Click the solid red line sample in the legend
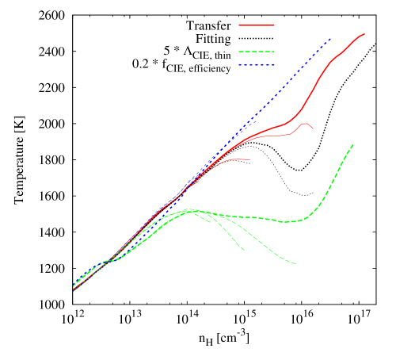click(257, 25)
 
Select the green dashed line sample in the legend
click(257, 52)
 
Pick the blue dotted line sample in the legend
click(257, 65)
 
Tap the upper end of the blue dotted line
click(330, 38)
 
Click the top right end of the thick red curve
click(364, 33)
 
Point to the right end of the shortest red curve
click(250, 159)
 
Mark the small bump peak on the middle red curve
click(303, 123)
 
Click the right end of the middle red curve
click(313, 128)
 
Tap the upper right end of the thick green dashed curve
click(353, 144)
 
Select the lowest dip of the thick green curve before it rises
click(291, 221)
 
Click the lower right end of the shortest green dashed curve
click(244, 251)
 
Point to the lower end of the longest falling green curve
click(296, 264)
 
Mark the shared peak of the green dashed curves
click(188, 210)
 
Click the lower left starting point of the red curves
click(74, 290)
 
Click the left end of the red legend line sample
click(239, 25)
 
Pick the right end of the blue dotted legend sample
click(275, 65)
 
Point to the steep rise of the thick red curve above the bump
click(321, 79)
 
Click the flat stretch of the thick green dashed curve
click(253, 217)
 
